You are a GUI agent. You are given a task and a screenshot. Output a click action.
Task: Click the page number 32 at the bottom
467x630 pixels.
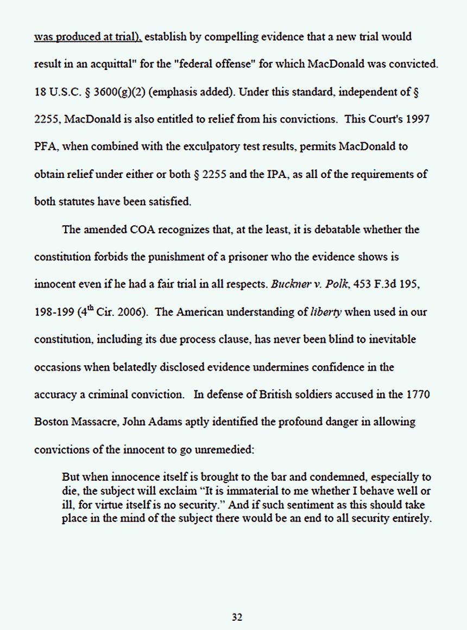click(x=237, y=617)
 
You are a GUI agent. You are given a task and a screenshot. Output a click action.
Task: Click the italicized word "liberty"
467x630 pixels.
click(x=326, y=313)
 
